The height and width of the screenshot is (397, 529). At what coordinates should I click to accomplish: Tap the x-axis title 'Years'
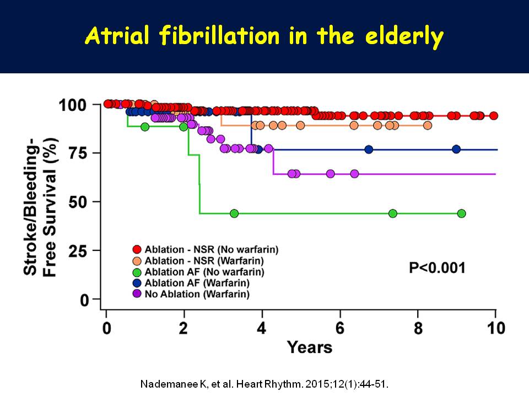pyautogui.click(x=309, y=347)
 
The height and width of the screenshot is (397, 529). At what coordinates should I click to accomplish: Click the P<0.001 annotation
pyautogui.click(x=437, y=268)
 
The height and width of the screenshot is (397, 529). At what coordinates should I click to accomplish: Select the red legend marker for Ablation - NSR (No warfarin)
pyautogui.click(x=137, y=249)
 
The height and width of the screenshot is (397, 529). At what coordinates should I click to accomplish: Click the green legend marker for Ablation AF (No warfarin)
pyautogui.click(x=137, y=272)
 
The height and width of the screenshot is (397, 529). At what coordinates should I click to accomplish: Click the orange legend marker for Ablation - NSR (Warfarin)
pyautogui.click(x=137, y=261)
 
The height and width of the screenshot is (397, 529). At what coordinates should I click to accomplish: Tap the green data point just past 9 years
pyautogui.click(x=461, y=213)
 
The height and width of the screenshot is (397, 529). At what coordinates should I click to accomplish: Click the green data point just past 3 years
pyautogui.click(x=234, y=213)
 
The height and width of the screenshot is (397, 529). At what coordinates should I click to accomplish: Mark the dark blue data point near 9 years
pyautogui.click(x=456, y=149)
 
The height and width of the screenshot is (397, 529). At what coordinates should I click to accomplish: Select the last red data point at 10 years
pyautogui.click(x=494, y=116)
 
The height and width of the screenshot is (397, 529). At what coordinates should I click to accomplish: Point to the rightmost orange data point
pyautogui.click(x=427, y=125)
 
